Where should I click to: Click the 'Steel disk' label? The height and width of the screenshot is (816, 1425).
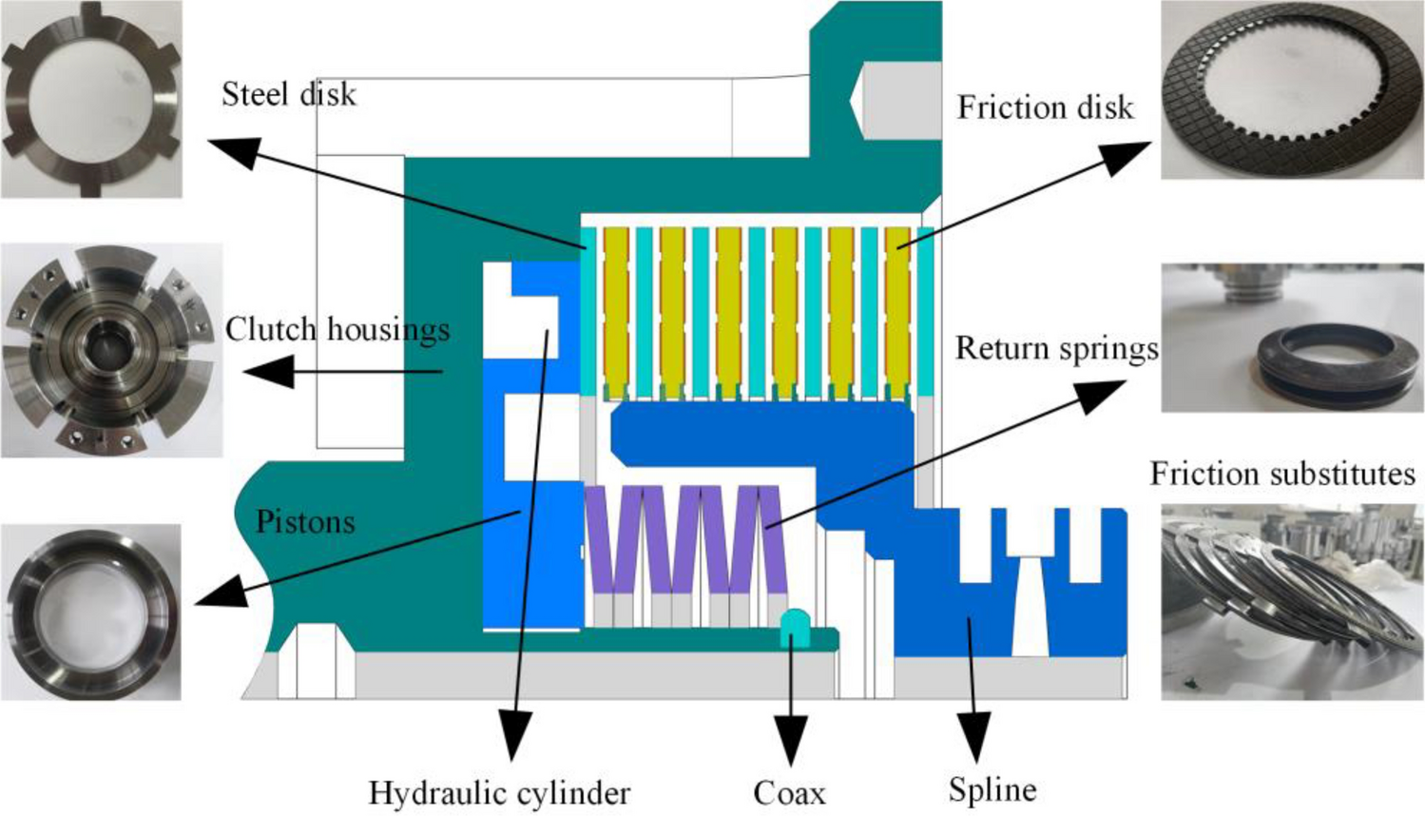(x=288, y=94)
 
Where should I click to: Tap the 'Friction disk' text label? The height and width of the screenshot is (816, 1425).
(x=1045, y=107)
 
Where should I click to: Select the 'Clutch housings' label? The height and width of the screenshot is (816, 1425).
(x=337, y=329)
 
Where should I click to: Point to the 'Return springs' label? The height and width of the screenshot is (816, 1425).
(x=1056, y=348)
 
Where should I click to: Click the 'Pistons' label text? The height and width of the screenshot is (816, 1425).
(x=305, y=521)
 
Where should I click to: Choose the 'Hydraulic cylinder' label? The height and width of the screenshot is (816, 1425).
(x=499, y=792)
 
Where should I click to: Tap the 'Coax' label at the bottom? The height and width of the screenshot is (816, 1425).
(x=789, y=792)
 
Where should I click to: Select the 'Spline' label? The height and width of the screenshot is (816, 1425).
(x=992, y=789)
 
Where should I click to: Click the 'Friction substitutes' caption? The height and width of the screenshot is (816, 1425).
(x=1281, y=473)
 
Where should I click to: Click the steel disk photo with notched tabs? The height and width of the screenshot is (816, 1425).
(x=91, y=99)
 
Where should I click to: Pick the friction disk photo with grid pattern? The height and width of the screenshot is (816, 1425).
(x=1292, y=90)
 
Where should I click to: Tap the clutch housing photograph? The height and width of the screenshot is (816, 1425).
(x=111, y=349)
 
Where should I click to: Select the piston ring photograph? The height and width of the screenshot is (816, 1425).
(x=91, y=612)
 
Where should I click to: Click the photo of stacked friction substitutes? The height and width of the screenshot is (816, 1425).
(x=1292, y=601)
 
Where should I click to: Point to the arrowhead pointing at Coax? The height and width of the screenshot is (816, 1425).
(x=790, y=739)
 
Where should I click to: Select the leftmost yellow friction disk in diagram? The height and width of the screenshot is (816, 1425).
(x=616, y=309)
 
